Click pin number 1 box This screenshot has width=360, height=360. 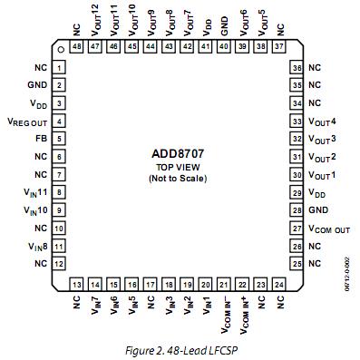tap(59, 68)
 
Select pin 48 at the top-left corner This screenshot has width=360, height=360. tap(76, 46)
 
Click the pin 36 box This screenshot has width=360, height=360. tap(296, 68)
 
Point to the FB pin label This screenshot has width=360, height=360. tap(39, 139)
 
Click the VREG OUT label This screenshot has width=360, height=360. tap(26, 122)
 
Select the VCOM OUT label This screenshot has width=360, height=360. tap(328, 228)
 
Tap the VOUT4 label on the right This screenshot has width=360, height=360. tap(323, 121)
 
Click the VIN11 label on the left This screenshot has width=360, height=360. tap(35, 192)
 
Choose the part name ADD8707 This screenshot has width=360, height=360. tap(177, 153)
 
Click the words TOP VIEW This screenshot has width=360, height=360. tap(177, 168)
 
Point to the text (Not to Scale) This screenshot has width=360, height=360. tap(177, 180)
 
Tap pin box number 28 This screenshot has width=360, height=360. tap(296, 209)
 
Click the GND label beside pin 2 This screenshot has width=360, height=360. tap(37, 86)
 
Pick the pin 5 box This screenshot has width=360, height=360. tap(59, 139)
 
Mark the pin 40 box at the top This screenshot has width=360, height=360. tap(224, 46)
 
